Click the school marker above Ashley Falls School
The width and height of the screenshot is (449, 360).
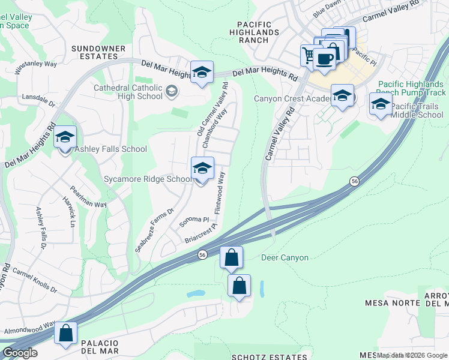(x=65, y=137)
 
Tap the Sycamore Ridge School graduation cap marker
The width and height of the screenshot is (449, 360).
(x=203, y=169)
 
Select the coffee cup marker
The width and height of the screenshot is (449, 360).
(x=325, y=59)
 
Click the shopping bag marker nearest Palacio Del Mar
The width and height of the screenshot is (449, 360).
(x=65, y=333)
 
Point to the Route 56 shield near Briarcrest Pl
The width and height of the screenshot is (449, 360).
(x=203, y=255)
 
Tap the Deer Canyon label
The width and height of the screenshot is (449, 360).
(x=285, y=258)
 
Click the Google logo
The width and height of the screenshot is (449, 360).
(x=19, y=353)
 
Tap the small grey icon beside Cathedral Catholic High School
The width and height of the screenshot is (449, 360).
(x=172, y=92)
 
